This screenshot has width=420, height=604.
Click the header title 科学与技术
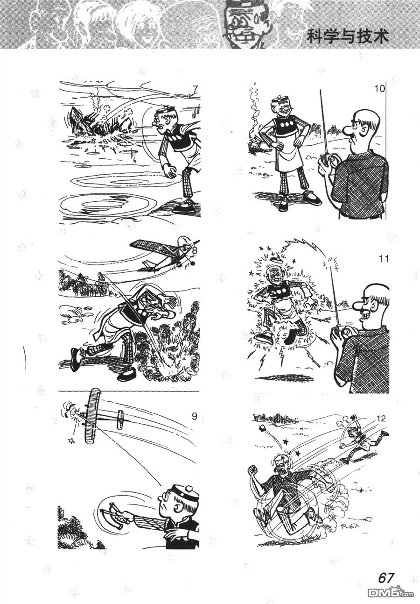[x=348, y=37]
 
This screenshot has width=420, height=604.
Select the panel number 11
[x=383, y=259]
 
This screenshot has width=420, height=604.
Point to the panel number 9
[x=194, y=416]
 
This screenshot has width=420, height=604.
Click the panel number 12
[x=380, y=419]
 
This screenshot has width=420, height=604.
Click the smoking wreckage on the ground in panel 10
[x=253, y=144]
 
